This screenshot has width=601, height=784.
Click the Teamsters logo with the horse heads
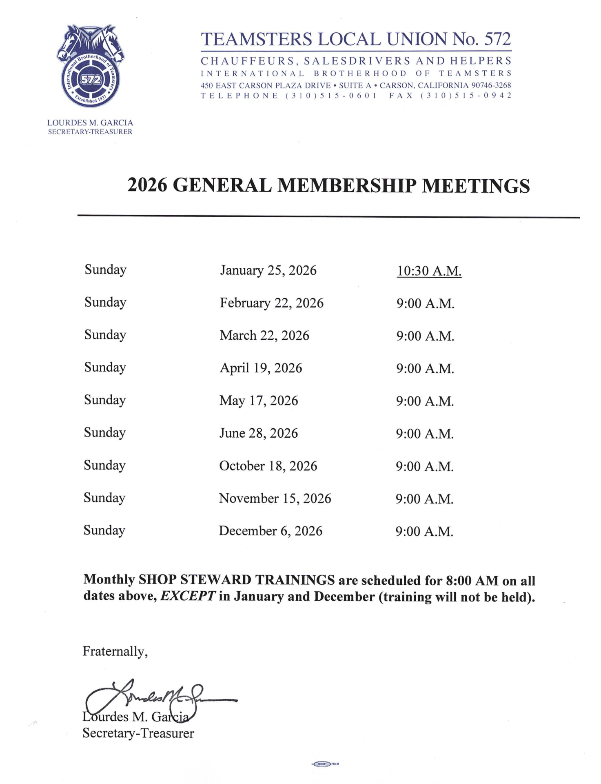90,66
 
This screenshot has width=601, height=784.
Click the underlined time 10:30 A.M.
429,271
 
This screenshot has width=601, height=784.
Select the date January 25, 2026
268,270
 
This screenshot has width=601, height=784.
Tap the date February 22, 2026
271,303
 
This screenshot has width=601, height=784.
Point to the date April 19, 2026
261,368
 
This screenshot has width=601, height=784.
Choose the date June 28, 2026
258,433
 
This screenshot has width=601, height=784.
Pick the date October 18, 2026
268,466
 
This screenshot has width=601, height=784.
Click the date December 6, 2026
271,531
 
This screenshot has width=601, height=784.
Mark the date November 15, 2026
275,499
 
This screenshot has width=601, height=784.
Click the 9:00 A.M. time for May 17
425,401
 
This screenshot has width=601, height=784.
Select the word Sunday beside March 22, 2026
105,335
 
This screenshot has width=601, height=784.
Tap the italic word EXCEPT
187,596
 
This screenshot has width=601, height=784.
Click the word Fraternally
115,651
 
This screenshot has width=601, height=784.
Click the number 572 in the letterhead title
497,39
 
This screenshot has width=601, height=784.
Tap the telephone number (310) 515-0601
331,96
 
